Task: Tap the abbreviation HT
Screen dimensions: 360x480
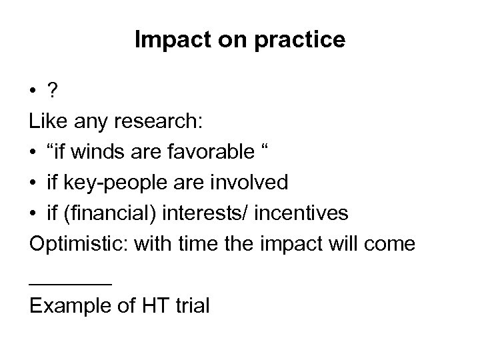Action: [x=152, y=305]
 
